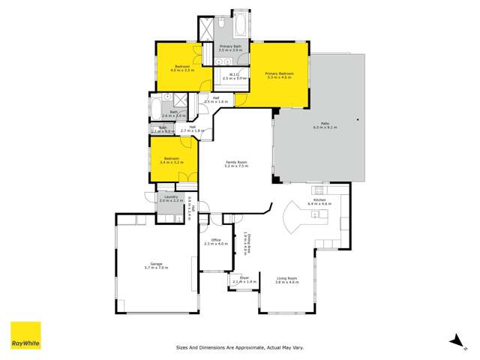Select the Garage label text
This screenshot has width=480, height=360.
click(157, 265)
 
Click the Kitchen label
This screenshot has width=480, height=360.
click(319, 201)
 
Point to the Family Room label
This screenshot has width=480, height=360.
click(236, 163)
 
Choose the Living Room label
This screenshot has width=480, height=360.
click(286, 280)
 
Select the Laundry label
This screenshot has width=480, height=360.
click(170, 198)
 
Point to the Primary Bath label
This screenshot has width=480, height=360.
click(230, 47)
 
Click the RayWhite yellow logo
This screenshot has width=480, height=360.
click(25, 335)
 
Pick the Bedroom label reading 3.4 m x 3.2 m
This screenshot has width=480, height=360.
click(175, 160)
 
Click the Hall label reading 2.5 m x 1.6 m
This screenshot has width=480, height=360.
click(215, 99)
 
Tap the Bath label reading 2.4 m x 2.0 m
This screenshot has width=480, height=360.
click(174, 115)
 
